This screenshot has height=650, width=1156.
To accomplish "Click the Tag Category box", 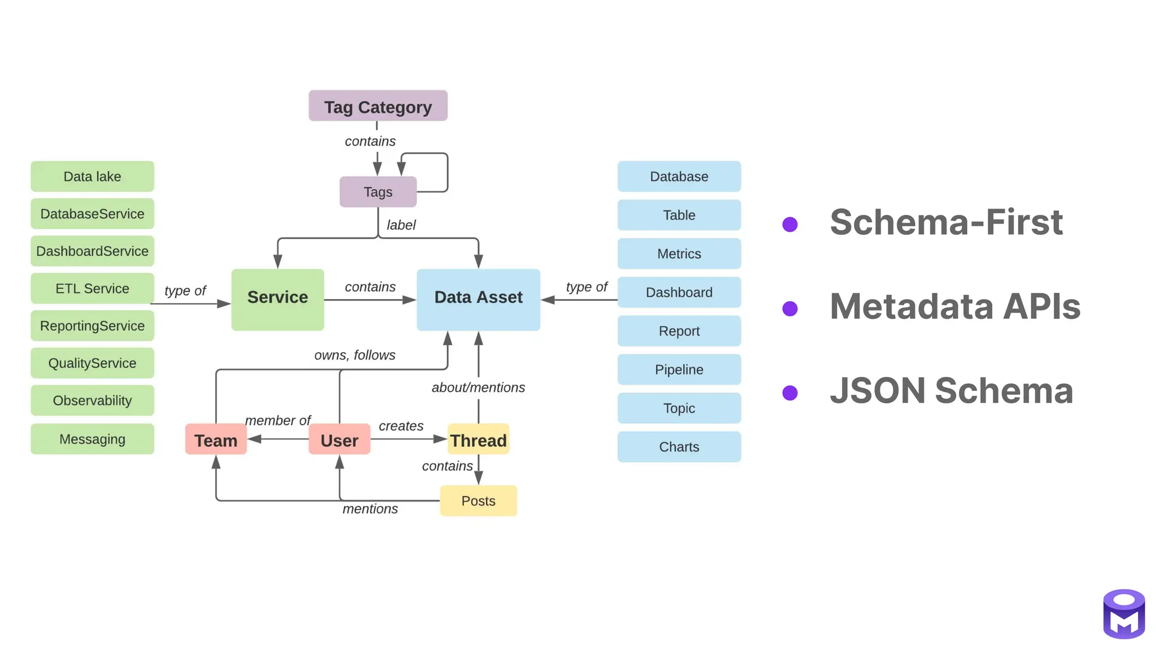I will click(x=378, y=106).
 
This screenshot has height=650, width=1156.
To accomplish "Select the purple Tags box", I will click(x=378, y=192).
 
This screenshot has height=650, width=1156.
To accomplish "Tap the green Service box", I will click(x=277, y=299).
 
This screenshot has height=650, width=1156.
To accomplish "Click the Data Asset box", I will click(x=478, y=299).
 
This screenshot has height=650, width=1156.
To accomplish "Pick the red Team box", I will click(x=216, y=440).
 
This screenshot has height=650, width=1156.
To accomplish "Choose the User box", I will click(x=339, y=440).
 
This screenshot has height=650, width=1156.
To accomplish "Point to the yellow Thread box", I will click(x=478, y=440).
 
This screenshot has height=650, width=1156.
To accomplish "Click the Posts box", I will click(x=478, y=500).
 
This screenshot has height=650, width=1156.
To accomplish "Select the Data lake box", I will click(x=92, y=177).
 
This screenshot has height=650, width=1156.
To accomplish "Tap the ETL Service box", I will click(x=92, y=288).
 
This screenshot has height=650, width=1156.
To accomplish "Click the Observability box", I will click(x=92, y=401).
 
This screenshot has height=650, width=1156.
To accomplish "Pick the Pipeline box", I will click(x=678, y=370).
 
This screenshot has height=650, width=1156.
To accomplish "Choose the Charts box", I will click(x=678, y=447).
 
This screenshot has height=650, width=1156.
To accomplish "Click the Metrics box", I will click(x=678, y=254).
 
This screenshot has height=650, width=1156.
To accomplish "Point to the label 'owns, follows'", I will click(x=354, y=355).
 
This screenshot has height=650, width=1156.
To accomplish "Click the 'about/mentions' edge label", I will click(x=478, y=388).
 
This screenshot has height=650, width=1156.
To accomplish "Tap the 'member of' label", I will click(x=278, y=420).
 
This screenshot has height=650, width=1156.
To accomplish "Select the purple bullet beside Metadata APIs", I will click(x=790, y=309).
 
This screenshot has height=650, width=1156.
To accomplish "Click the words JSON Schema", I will click(x=951, y=390).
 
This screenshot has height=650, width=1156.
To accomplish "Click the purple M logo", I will click(x=1123, y=614).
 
